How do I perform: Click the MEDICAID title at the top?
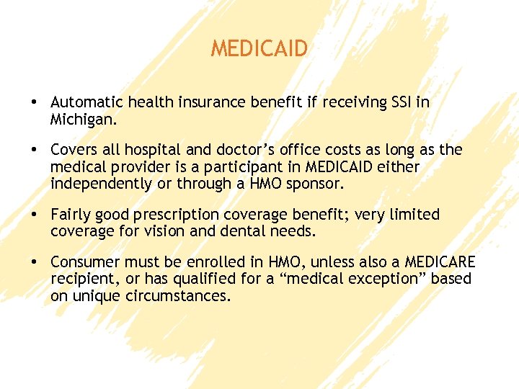click(259, 49)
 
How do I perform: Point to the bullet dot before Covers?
click(34, 151)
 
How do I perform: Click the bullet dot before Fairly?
click(34, 215)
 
